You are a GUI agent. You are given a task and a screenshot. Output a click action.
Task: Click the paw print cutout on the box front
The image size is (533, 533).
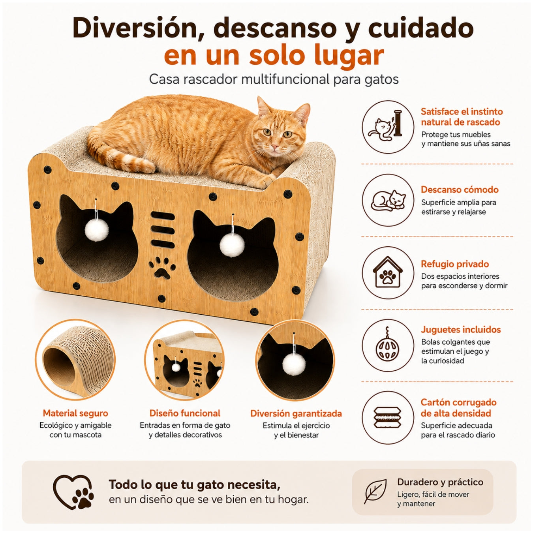click(x=163, y=267)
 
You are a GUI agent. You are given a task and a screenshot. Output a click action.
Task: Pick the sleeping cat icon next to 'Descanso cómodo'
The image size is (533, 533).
click(x=388, y=200)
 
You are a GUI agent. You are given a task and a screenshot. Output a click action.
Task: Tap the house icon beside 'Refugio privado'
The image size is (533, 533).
click(x=388, y=272)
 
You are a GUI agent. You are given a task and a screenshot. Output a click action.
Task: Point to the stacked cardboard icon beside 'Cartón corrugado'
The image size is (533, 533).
click(x=388, y=418)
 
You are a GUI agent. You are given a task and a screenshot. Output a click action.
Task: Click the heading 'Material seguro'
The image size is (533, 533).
click(x=75, y=413)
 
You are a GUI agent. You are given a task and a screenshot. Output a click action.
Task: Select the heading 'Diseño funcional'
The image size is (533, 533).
click(x=185, y=413)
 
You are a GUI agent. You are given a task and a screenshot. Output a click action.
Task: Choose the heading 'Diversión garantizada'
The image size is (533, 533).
click(x=296, y=413)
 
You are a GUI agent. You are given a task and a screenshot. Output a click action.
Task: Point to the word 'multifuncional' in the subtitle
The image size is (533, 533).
click(x=285, y=79)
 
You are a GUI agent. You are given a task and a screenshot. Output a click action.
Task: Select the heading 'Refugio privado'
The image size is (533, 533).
click(x=455, y=264)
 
